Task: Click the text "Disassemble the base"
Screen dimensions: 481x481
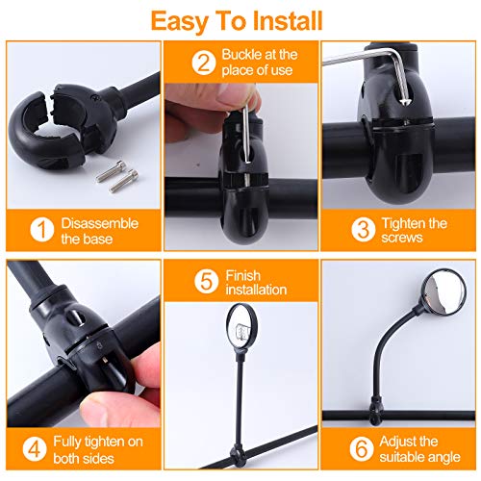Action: click(x=99, y=230)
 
